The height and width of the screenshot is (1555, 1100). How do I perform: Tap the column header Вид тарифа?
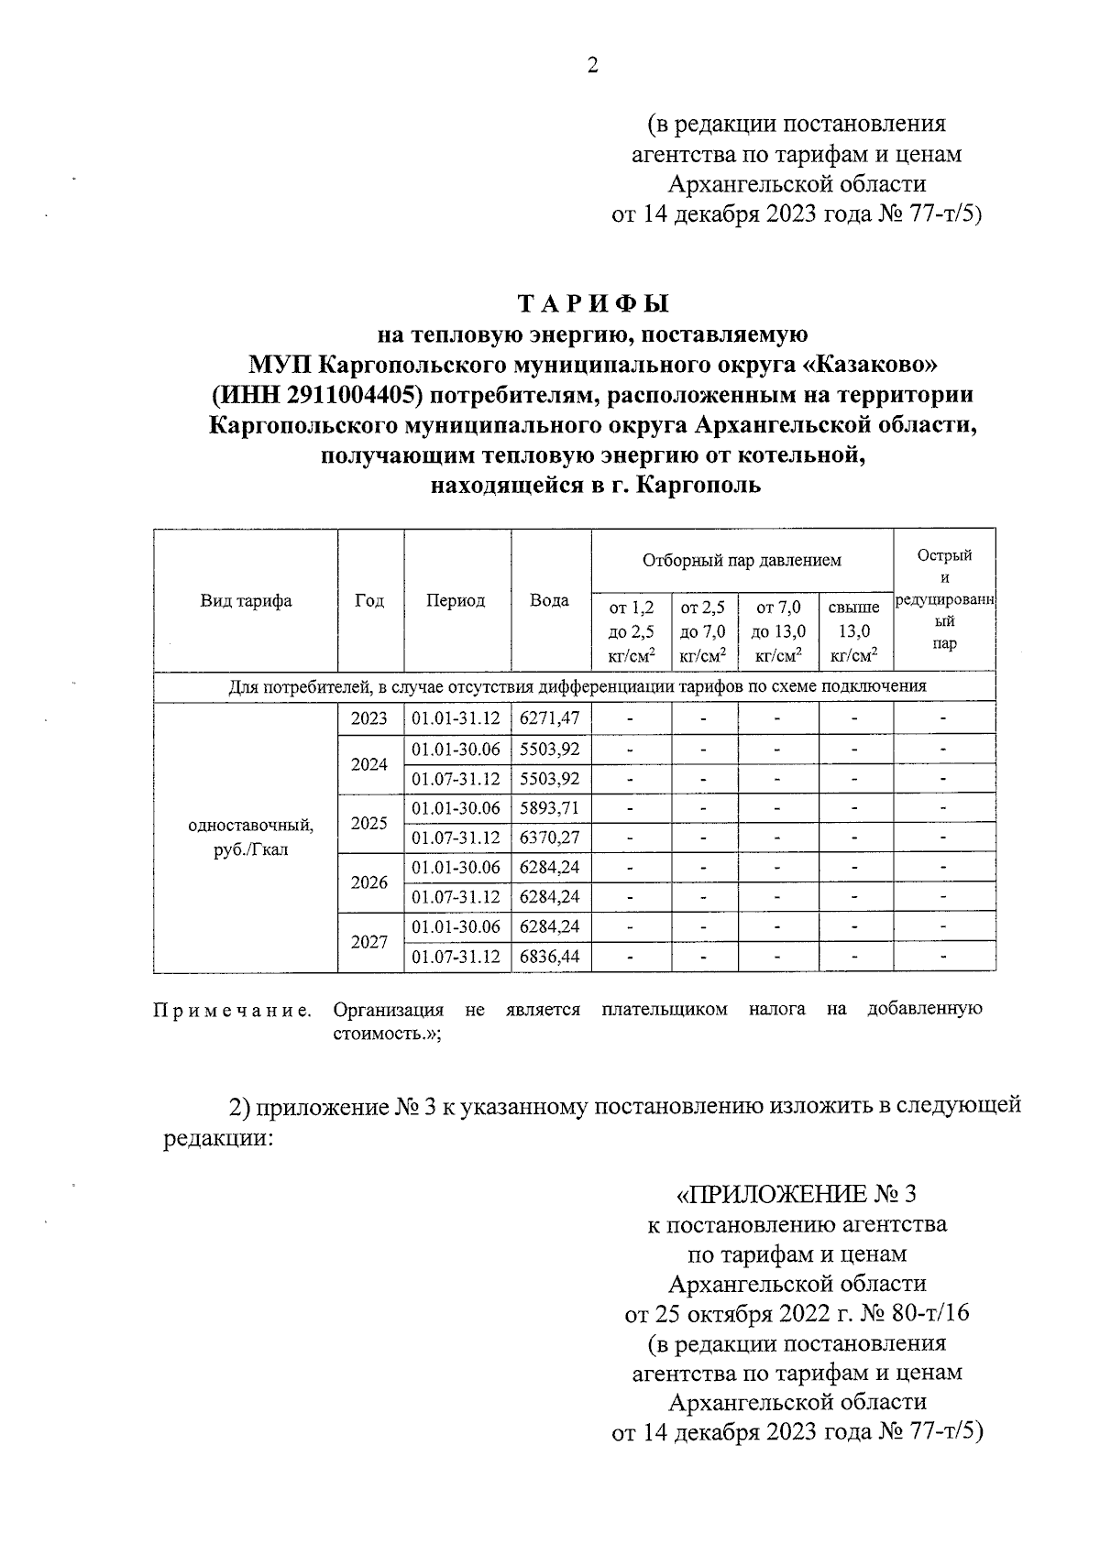tap(246, 601)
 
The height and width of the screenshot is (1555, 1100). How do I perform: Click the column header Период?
tap(456, 601)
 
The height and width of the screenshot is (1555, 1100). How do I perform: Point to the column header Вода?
tap(549, 601)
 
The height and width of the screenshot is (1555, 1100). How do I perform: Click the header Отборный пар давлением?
tap(742, 560)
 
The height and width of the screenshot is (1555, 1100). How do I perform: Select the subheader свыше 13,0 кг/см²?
tap(854, 630)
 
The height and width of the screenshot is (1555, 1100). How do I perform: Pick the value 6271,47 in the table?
tap(549, 719)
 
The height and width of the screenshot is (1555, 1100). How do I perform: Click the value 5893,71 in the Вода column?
tap(549, 808)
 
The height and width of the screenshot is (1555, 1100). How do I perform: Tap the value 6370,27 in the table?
tap(549, 838)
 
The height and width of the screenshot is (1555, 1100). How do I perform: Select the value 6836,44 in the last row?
tap(549, 957)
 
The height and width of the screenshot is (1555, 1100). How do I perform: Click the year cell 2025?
tap(369, 823)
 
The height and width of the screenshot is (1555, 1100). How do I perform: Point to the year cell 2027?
tap(369, 942)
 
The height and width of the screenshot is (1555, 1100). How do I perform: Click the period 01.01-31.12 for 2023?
tap(456, 719)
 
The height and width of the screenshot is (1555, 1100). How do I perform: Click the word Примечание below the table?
tap(232, 1011)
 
